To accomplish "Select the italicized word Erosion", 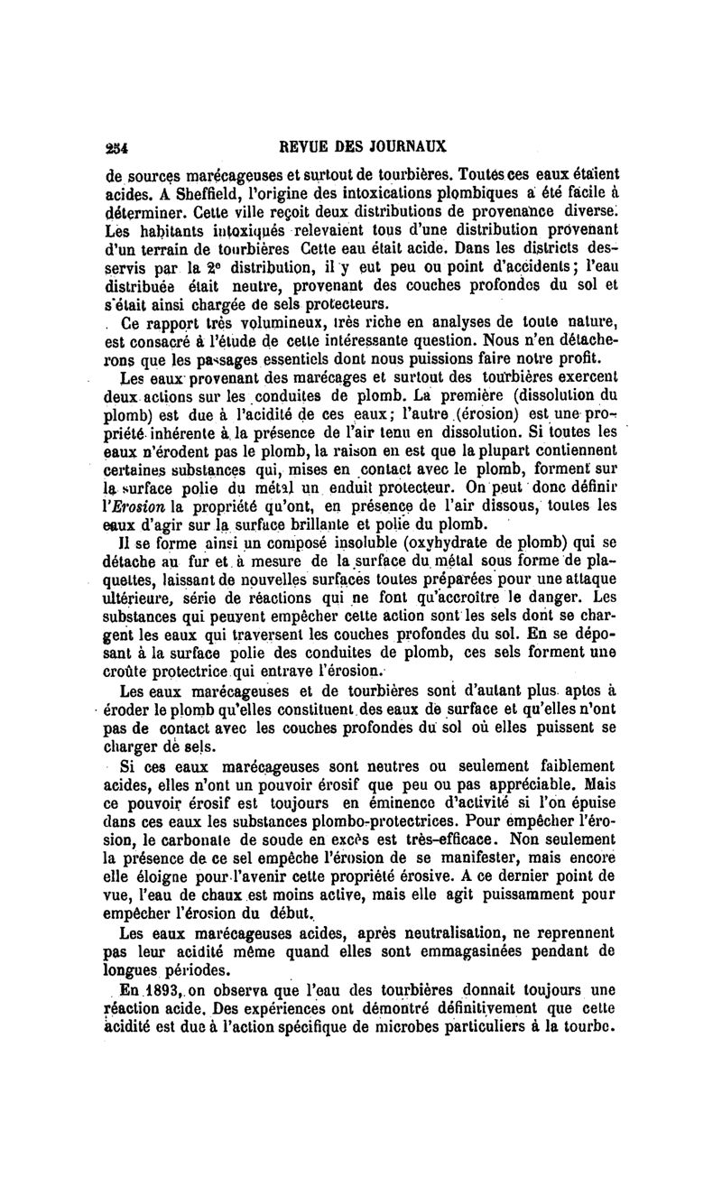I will [134, 506].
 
